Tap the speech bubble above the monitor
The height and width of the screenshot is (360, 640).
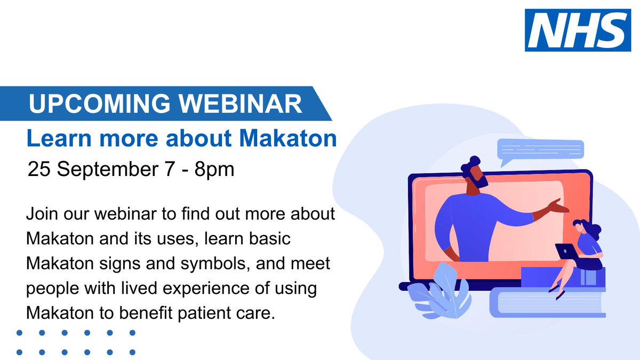pyautogui.click(x=539, y=150)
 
